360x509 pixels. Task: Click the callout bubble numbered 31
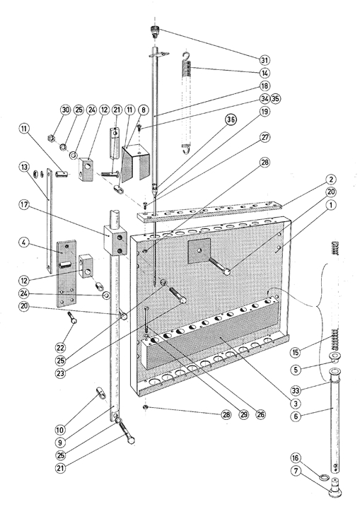[265, 60]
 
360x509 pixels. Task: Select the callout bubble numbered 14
[265, 73]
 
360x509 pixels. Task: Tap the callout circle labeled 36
[231, 119]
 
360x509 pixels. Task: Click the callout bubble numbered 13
[24, 167]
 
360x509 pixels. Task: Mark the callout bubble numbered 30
[66, 110]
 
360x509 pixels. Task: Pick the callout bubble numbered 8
[144, 110]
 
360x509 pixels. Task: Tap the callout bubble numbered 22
[60, 348]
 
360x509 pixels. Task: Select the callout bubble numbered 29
[244, 414]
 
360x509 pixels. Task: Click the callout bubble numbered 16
[296, 457]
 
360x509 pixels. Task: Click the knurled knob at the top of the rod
[155, 31]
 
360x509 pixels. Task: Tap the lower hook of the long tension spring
[186, 149]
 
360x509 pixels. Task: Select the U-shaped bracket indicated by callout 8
[136, 163]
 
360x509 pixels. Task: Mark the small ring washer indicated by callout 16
[324, 477]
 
